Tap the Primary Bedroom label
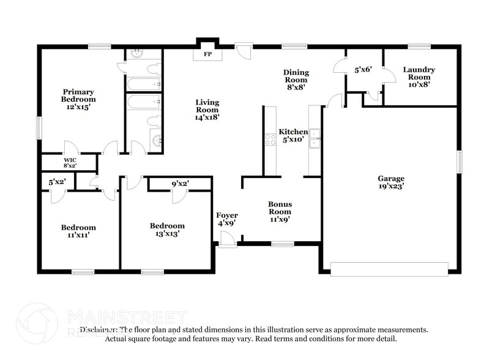click(78, 99)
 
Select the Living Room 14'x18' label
click(207, 109)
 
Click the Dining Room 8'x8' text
click(296, 80)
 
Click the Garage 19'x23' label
click(390, 182)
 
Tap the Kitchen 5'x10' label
click(293, 136)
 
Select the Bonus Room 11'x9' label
click(280, 211)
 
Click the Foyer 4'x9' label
click(227, 219)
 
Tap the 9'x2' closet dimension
click(180, 182)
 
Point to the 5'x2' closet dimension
click(58, 182)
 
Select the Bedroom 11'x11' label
click(78, 230)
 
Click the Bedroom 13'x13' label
click(167, 229)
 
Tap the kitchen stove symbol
click(270, 140)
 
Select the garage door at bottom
click(389, 268)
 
